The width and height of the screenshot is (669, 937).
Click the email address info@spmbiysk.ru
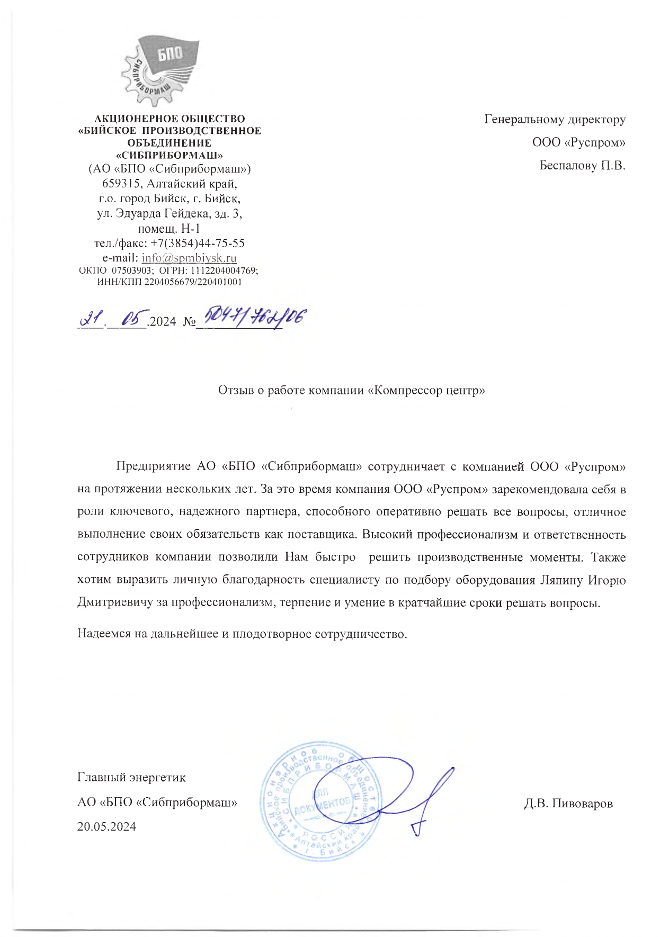pos(189,258)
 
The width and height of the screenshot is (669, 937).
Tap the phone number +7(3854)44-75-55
pos(198,243)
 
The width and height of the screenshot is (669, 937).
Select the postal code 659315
pos(120,184)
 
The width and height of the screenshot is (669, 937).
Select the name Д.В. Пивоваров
pos(568,804)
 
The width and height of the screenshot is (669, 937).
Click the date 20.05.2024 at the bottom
pos(106,826)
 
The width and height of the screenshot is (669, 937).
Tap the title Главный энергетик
pos(131,777)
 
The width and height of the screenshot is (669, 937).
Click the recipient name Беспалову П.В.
pos(582,166)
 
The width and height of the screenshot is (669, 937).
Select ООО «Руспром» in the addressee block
pos(579,142)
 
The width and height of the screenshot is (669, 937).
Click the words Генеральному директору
pos(555,119)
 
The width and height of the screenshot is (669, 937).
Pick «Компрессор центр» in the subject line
pos(426,391)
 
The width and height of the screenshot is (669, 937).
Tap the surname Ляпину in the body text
pos(561,580)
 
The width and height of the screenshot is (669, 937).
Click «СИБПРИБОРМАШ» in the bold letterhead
pos(170,156)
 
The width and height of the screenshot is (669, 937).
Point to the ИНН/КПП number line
pos(170,282)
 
